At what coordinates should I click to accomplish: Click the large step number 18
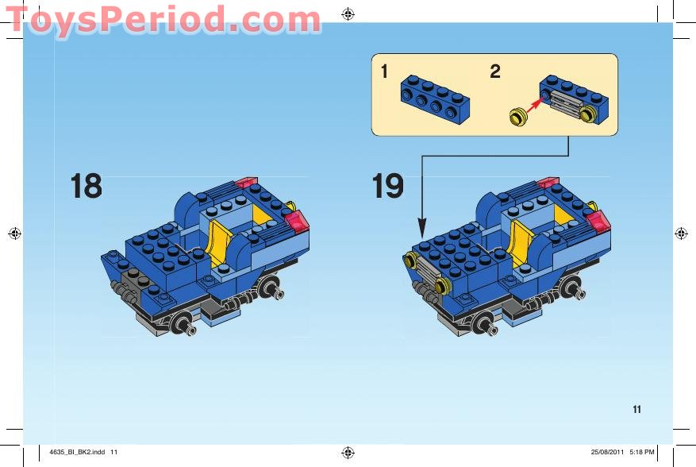click(x=87, y=187)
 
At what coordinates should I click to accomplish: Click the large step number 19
click(x=388, y=187)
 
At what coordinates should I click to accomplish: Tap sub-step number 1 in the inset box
click(x=384, y=71)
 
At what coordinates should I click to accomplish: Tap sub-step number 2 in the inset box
click(x=495, y=71)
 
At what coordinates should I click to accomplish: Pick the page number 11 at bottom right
click(x=636, y=410)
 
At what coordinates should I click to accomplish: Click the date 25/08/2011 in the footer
click(x=607, y=452)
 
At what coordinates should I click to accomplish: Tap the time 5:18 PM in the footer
click(x=641, y=452)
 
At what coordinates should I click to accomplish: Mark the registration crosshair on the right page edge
click(x=681, y=234)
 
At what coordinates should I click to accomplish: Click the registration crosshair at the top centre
click(x=348, y=13)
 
